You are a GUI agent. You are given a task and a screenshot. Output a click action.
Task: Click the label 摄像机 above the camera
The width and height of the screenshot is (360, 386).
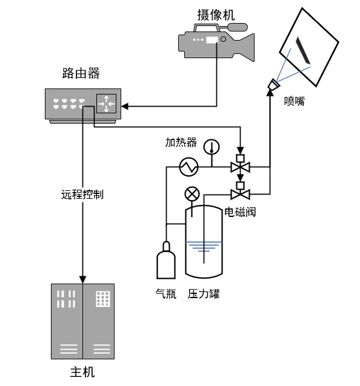[216, 15]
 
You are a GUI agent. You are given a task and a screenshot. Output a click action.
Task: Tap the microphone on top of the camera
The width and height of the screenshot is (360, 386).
[238, 27]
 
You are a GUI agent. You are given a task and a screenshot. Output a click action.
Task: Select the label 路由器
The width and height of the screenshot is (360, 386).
[81, 73]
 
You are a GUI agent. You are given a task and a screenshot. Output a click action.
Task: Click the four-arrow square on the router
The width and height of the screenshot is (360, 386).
[107, 104]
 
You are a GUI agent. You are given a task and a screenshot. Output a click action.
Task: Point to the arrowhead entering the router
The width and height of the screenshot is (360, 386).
[125, 107]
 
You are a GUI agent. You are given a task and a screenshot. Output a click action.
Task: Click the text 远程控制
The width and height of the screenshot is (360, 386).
[82, 195]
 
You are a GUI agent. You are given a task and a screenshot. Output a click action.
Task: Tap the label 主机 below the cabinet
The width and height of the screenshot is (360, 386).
[82, 372]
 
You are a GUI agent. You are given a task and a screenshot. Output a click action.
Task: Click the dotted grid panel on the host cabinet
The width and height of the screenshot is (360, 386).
[103, 299]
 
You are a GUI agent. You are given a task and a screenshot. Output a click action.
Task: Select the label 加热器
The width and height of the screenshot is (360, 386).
[181, 142]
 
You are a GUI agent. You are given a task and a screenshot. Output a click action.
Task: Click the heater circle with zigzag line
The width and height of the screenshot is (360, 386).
[189, 167]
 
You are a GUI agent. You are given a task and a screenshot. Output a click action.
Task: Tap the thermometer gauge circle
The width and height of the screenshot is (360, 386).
[212, 147]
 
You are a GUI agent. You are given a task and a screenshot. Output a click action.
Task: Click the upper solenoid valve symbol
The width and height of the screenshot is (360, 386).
[241, 164]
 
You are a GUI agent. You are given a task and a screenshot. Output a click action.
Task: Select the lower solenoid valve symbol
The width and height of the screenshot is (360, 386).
[241, 191]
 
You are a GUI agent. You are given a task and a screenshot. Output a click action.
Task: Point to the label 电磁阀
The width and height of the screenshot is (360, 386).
[240, 212]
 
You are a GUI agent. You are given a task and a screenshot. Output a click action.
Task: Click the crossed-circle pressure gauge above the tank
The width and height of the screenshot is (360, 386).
[192, 195]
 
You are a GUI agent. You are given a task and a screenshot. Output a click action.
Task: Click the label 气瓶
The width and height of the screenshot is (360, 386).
[166, 294]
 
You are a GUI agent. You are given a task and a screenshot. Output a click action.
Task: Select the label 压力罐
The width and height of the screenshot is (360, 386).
[204, 294]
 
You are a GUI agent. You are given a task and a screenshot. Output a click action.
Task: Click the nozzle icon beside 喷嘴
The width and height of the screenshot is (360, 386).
[273, 85]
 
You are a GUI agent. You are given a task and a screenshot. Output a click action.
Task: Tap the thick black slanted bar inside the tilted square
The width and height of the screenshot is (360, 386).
[303, 50]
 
